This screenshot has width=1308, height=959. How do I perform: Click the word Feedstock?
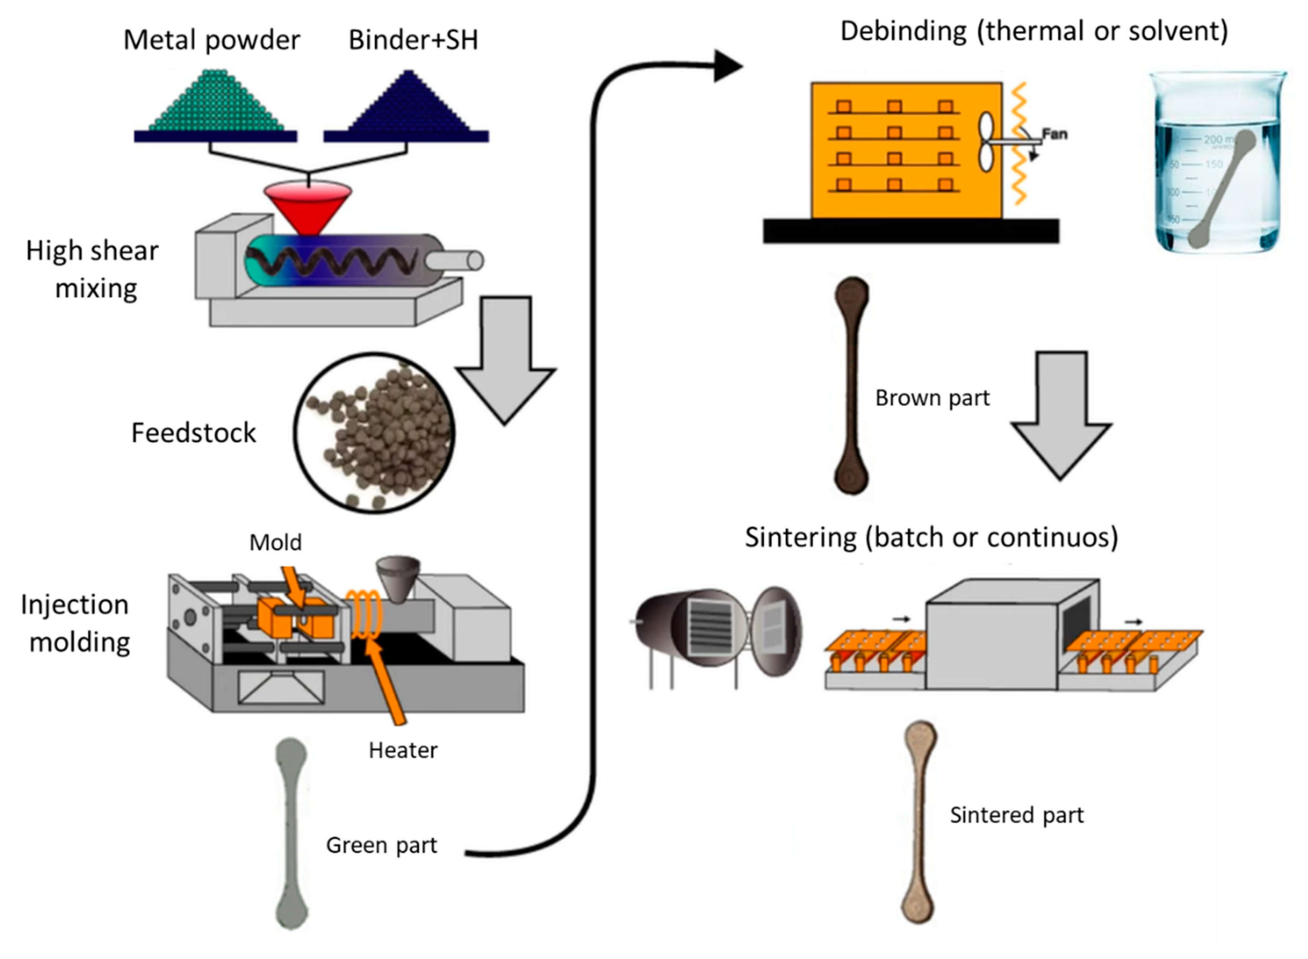(193, 433)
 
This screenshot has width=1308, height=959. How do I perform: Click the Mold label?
(275, 543)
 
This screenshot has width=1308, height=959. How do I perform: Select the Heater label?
(403, 751)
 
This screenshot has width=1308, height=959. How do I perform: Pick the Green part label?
(381, 846)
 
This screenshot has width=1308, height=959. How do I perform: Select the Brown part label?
(932, 398)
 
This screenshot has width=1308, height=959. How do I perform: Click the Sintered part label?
(1016, 815)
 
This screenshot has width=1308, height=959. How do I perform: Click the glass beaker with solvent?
(1217, 163)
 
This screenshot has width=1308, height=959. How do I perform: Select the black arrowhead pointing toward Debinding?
(727, 66)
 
